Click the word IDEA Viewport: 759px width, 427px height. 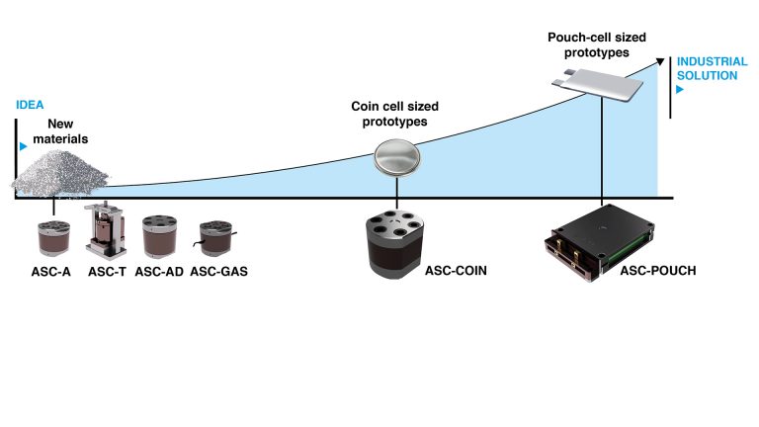pos(31,104)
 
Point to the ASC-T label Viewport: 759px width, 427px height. pos(107,272)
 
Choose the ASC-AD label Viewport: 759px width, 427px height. pos(160,272)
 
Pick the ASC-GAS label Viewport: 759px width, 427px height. pos(218,272)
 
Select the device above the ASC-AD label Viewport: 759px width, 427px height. pos(159,237)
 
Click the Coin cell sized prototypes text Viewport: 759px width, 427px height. pos(395,115)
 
